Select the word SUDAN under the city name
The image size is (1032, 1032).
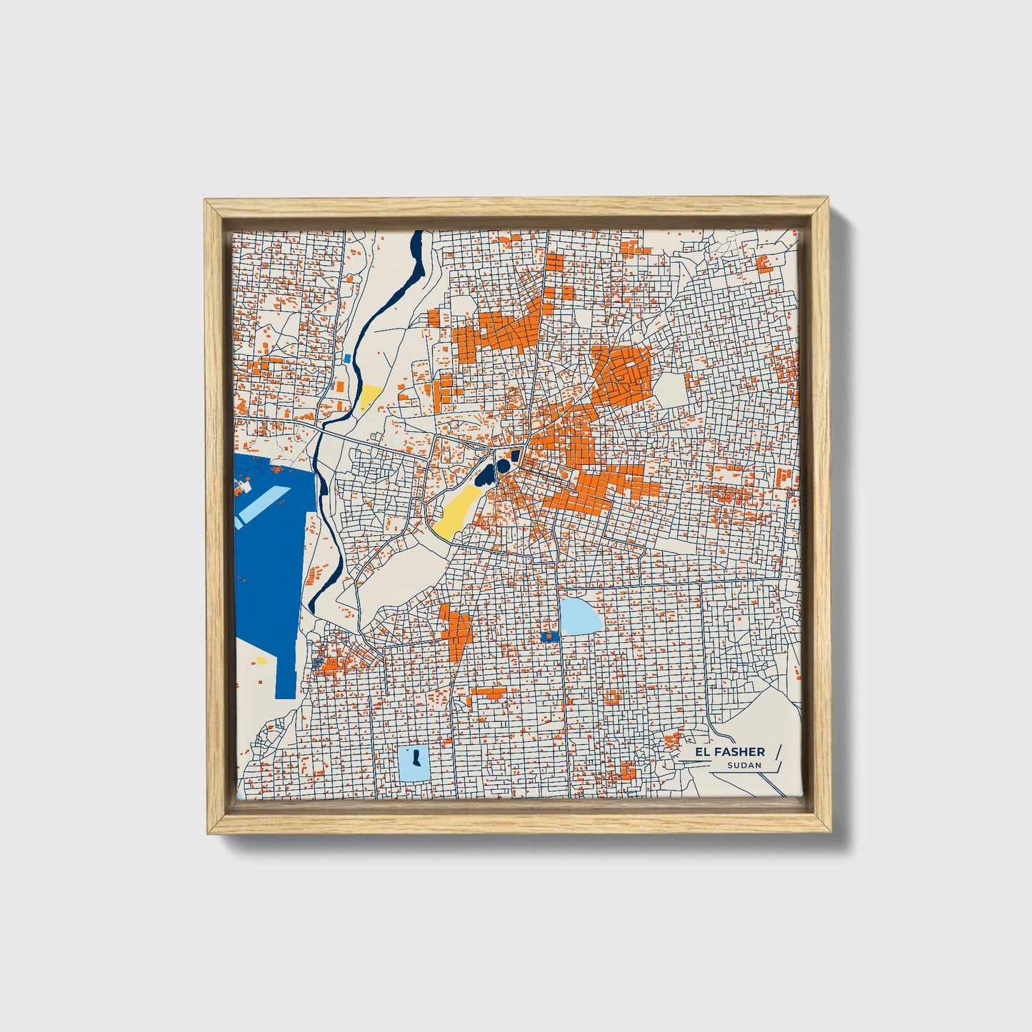point(744,766)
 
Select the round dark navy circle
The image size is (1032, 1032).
point(504,466)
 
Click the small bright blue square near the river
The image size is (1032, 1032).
point(348,359)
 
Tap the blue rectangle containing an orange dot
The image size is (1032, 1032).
point(548,635)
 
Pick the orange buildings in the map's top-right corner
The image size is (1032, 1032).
point(763,263)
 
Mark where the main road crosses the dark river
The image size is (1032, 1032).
point(319,433)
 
